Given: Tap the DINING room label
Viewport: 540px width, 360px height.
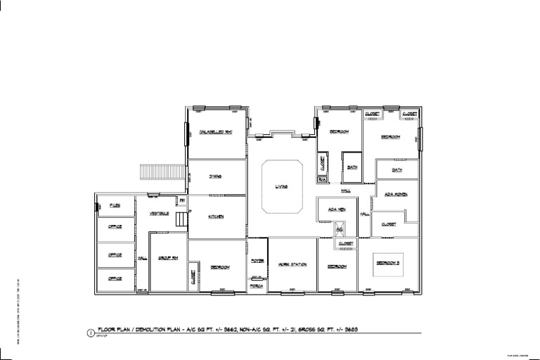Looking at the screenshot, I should pos(216,176).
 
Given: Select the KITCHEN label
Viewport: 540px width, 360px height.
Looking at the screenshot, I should pos(216,217).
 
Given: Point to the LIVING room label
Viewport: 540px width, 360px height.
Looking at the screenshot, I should pos(282,186).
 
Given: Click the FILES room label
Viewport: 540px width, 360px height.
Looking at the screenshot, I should pos(116,205).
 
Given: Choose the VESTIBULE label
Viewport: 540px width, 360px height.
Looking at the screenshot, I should pos(160,212).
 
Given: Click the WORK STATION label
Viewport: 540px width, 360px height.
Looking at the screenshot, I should pos(292,264).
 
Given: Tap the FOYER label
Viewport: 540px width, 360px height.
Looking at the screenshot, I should pos(257,261).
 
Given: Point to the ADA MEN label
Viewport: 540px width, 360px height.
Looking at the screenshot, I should pos(337,209).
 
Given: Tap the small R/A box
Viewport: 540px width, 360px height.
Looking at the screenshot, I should pos(322,180).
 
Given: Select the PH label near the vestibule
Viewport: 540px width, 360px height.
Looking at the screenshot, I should pos(182,201).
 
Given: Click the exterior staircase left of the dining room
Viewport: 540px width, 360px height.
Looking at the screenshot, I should pos(157,172).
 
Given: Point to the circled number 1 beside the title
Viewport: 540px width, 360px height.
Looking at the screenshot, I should pos(90,333).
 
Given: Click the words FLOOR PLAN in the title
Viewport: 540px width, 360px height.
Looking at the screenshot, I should pos(112,329).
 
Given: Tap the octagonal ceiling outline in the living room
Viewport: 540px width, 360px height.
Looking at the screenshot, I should pos(282,186).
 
